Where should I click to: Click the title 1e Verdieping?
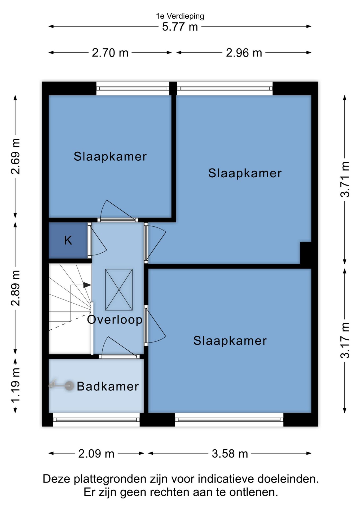pos(180,16)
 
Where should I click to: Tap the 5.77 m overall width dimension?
pos(180,27)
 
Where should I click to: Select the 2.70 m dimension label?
pos(110,53)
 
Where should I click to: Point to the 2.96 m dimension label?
pos(244,53)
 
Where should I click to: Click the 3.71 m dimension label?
pos(345,179)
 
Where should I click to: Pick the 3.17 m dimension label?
pos(345,340)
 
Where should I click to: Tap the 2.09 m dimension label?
pos(96,454)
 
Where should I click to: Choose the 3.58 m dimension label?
pos(230,454)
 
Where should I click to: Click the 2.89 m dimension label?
pos(15,288)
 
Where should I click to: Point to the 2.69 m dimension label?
pos(15,156)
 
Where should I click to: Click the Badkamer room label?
pos(108,386)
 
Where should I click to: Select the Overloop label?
pos(115,320)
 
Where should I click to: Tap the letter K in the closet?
pos(68,240)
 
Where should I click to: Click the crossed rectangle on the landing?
pos(119,290)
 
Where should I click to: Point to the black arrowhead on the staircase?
pos(87,285)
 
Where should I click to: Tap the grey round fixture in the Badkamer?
pos(69,386)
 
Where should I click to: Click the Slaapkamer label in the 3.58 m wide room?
pos(230,341)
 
